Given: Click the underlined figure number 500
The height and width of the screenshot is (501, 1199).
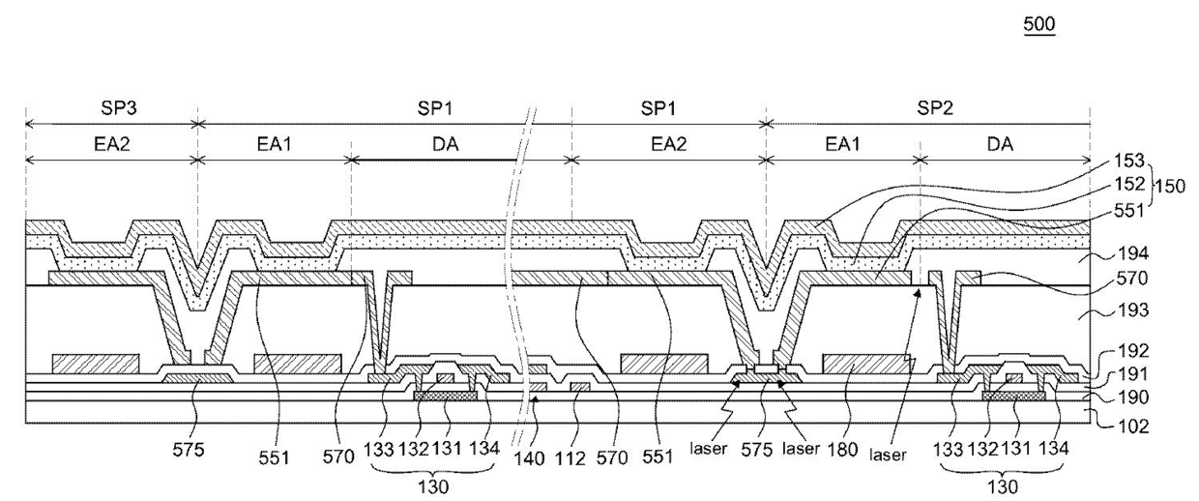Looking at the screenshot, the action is (x=1038, y=24).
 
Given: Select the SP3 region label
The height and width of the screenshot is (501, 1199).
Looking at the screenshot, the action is (x=119, y=108).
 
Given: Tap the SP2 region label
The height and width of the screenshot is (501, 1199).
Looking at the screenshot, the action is (x=935, y=108).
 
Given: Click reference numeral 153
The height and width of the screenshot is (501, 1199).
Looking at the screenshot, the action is (x=1128, y=160).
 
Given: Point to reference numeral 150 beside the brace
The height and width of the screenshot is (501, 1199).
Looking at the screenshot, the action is (x=1170, y=186).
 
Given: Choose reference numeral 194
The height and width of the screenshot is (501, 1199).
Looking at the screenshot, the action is (x=1133, y=253).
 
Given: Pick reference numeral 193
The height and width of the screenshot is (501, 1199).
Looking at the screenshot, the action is (x=1133, y=309).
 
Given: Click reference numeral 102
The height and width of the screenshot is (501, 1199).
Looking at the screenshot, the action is (x=1133, y=427).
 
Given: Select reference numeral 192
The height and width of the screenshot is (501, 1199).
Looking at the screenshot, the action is (x=1133, y=350).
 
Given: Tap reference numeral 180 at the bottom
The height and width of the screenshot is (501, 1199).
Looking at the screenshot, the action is (x=842, y=450).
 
